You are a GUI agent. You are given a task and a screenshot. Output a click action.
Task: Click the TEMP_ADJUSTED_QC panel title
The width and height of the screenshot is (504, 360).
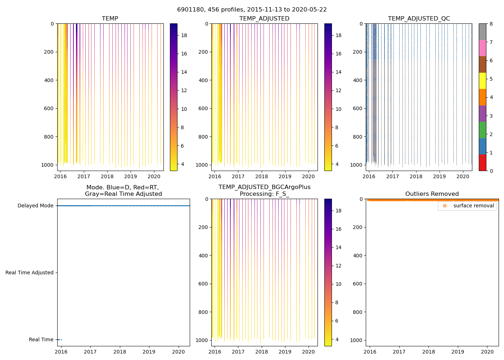pos(419,19)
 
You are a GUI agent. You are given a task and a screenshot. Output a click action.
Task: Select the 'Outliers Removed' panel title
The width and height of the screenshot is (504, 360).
pos(432,194)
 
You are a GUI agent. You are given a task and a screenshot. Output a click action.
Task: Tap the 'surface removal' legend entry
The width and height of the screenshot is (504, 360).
pos(473,206)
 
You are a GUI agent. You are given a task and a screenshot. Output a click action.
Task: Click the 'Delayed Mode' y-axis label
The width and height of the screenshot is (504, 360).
pos(35,206)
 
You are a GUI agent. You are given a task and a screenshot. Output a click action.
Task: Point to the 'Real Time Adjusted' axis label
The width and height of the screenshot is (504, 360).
pos(30,273)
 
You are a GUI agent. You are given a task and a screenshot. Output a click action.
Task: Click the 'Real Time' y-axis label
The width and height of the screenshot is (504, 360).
pos(41,339)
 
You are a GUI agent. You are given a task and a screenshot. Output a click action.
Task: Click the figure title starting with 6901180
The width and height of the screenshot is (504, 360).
pos(252,10)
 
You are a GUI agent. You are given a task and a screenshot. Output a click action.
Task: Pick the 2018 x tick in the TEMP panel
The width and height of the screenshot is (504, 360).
pos(107,176)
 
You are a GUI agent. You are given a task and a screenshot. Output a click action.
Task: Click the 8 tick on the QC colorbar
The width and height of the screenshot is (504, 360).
pos(491,24)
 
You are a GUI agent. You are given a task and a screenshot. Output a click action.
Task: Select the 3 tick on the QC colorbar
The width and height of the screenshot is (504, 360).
pos(491,116)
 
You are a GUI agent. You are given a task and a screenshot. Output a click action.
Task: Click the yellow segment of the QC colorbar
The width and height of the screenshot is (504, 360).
pos(482,81)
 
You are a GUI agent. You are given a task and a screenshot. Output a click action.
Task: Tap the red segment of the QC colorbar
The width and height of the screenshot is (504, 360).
pos(482,163)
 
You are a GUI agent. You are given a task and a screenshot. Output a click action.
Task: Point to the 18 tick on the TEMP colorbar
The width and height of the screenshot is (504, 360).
pos(184,35)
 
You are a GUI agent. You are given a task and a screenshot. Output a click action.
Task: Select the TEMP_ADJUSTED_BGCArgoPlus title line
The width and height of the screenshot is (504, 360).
pos(264,187)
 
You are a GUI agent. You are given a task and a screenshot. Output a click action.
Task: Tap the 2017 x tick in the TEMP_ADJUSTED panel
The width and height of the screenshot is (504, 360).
pos(238,176)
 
